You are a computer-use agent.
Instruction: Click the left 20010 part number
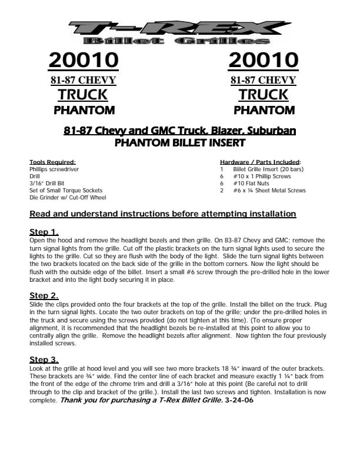coord(84,60)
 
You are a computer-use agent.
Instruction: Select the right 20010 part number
coord(264,60)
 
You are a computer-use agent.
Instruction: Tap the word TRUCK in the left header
coord(83,95)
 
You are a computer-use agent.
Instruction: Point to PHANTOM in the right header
coord(264,110)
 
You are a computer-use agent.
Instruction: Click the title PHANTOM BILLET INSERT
coord(179,142)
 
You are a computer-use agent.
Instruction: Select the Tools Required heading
coord(52,162)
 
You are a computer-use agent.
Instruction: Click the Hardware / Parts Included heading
coord(261,162)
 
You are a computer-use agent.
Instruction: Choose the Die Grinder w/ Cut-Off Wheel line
coord(68,198)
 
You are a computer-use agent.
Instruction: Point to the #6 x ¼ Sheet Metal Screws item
coord(269,191)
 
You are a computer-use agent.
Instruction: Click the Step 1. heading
coord(44,232)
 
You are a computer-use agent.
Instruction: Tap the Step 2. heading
coord(44,295)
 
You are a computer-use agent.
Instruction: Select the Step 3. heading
coord(44,359)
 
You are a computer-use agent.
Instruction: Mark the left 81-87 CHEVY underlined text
coord(83,80)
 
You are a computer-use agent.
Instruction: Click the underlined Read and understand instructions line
coord(162,214)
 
